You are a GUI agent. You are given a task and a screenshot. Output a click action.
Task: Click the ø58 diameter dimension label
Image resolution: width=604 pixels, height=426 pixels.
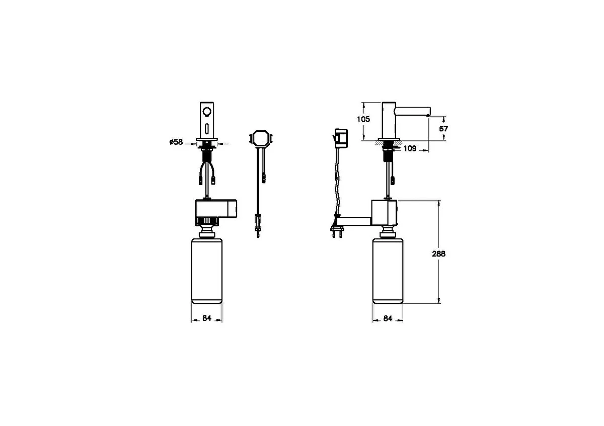pyautogui.click(x=176, y=142)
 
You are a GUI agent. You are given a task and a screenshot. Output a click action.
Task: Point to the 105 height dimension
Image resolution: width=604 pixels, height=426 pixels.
pyautogui.click(x=363, y=119)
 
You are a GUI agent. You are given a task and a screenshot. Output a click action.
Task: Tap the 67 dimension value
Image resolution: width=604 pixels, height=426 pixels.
pyautogui.click(x=443, y=129)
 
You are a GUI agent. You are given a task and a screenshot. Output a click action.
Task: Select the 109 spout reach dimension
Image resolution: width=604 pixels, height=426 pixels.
pyautogui.click(x=410, y=148)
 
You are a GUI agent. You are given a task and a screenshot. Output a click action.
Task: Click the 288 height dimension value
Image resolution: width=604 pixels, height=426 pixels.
pyautogui.click(x=439, y=254)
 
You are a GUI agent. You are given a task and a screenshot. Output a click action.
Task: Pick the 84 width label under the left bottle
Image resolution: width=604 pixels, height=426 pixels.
pyautogui.click(x=207, y=318)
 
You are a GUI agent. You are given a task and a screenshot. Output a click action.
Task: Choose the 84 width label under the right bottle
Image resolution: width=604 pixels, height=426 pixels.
pyautogui.click(x=388, y=318)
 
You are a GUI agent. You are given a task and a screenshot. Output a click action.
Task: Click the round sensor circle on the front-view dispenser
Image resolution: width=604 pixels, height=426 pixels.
pyautogui.click(x=207, y=111)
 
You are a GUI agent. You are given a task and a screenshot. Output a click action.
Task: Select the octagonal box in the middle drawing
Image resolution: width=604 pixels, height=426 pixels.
pyautogui.click(x=261, y=139)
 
